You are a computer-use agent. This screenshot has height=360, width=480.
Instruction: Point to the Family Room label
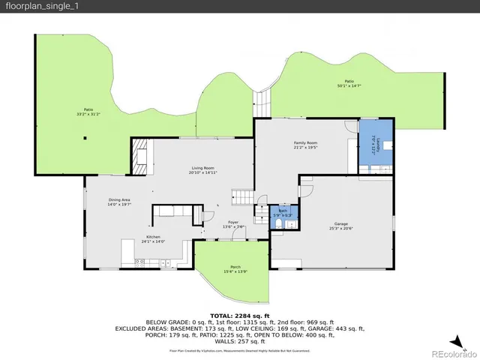tap(305, 145)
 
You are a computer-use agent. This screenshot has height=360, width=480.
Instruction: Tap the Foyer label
tap(234, 223)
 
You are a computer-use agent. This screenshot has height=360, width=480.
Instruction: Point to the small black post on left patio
tap(86, 138)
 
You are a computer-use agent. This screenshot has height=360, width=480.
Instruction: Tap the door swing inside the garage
tap(306, 193)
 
